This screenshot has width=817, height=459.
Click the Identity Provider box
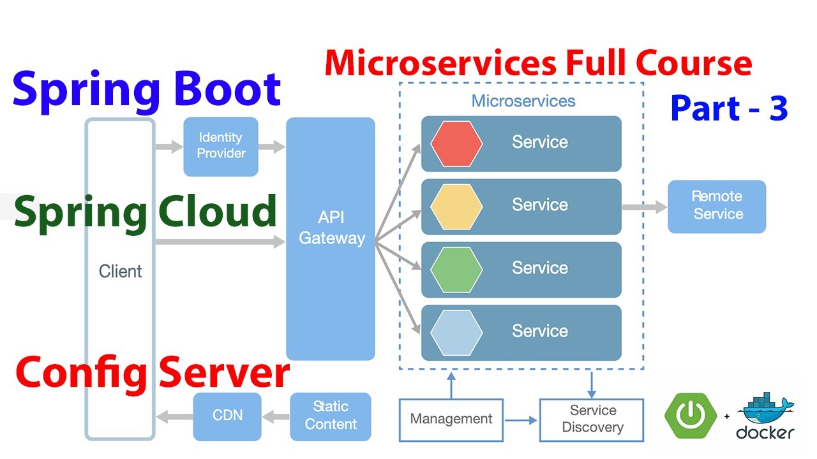[x=221, y=146]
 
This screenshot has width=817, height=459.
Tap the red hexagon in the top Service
[x=456, y=143]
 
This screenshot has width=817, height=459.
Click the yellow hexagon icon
[x=456, y=206]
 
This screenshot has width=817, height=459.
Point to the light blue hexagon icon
[x=456, y=332]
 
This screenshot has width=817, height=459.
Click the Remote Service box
[x=717, y=206]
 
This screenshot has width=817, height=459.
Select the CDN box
[x=227, y=416]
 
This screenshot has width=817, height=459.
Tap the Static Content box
[x=330, y=416]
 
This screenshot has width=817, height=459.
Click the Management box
[x=451, y=419]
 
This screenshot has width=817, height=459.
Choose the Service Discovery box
[x=592, y=419]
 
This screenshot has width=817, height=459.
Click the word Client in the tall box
[x=120, y=272]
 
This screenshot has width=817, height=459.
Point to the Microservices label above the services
[x=523, y=101]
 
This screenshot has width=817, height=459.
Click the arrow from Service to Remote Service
[x=643, y=207]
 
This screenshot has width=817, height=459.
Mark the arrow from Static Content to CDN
[x=275, y=418]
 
